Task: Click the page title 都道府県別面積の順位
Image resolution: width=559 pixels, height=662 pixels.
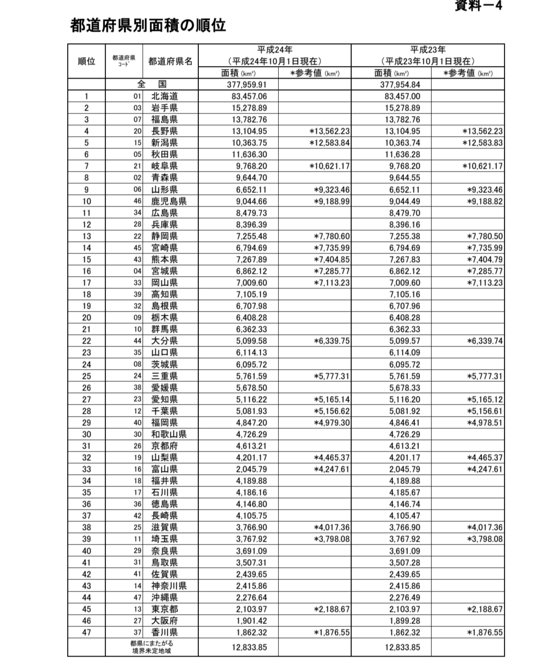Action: click(148, 26)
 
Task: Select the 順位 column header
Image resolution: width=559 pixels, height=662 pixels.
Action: click(86, 61)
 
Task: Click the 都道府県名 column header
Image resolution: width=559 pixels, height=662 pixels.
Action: click(170, 61)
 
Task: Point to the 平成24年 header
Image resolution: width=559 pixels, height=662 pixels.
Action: click(274, 50)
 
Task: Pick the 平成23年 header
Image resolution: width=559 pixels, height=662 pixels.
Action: click(427, 50)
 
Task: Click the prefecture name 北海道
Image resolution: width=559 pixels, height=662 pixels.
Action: click(164, 96)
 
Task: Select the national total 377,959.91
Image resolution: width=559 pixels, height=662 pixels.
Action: click(247, 85)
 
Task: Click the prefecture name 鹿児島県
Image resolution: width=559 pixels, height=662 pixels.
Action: click(169, 201)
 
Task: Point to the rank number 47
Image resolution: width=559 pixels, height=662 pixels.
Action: click(86, 632)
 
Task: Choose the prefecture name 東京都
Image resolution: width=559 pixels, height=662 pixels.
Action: click(164, 609)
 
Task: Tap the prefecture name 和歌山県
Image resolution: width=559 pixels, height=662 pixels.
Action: click(169, 434)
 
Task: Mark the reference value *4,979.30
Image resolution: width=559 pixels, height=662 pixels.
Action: click(332, 423)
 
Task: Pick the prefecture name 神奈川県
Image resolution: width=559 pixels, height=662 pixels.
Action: click(169, 586)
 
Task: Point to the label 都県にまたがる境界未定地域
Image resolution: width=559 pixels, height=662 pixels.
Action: click(152, 647)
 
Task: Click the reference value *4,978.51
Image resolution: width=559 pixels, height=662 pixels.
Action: click(485, 423)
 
